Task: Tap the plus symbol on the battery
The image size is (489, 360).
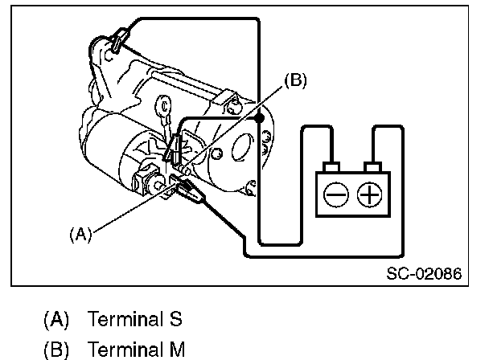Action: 368,194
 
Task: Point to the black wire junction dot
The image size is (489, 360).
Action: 259,119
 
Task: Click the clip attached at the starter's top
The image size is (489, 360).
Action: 118,39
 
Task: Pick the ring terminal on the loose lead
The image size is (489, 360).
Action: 166,104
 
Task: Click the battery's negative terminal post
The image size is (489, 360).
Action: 331,167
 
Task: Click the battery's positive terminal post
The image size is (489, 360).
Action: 371,167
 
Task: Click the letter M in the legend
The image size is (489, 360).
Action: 178,350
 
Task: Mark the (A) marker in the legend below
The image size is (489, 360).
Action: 57,319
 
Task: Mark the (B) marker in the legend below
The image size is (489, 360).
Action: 57,350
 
